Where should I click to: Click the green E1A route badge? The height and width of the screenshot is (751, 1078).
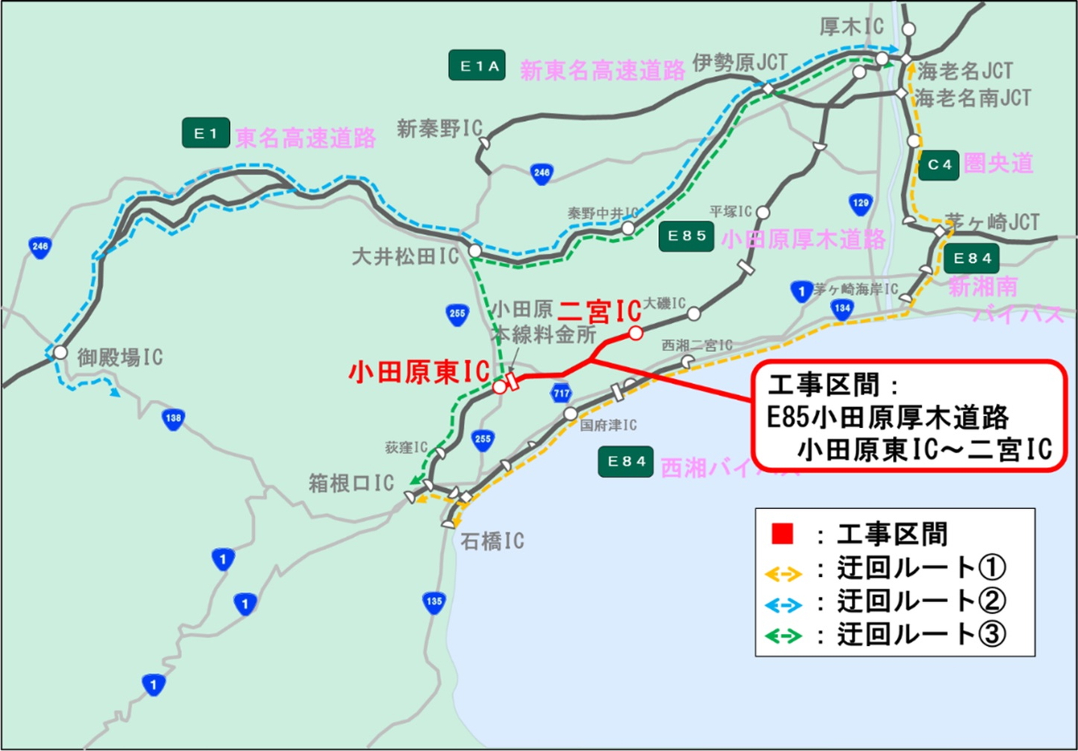477,66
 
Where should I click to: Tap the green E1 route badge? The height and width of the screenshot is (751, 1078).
205,134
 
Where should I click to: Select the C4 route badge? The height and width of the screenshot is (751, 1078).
938,164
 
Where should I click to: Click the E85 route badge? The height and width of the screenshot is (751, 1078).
686,236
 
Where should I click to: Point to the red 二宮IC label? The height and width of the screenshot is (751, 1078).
599,311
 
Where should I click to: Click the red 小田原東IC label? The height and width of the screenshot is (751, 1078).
418,370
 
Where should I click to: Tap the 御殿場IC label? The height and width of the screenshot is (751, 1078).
119,357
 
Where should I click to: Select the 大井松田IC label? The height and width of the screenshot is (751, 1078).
405,257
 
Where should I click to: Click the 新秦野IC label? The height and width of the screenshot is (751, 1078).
439,129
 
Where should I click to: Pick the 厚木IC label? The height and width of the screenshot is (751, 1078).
851,27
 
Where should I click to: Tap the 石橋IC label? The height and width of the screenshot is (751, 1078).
492,541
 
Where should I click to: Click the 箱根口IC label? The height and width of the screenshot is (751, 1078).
351,483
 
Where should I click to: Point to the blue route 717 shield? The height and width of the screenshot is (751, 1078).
561,393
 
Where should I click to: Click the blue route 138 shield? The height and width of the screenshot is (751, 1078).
174,419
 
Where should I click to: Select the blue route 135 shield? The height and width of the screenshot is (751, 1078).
433,602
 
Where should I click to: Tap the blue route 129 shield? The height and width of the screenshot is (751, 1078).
860,203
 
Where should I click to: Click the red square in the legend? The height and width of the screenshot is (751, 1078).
783,534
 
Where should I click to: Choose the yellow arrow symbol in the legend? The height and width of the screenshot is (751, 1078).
784,575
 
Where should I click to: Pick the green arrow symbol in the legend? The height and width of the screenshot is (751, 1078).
784,636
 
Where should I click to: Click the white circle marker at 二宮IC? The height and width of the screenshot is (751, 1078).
636,333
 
